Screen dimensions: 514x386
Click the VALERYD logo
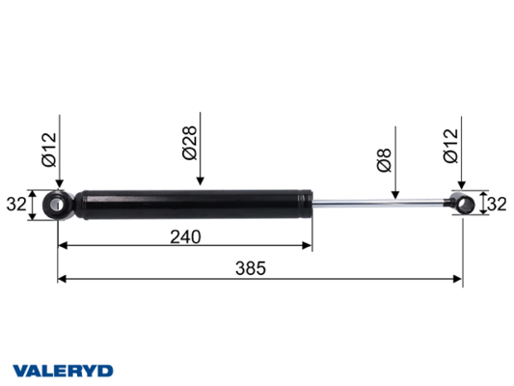click(63, 371)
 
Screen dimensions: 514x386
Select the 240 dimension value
click(185, 236)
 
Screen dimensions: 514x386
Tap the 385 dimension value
click(251, 268)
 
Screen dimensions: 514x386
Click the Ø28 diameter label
click(190, 143)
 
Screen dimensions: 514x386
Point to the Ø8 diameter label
click(385, 160)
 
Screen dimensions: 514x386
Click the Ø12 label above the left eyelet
click(49, 150)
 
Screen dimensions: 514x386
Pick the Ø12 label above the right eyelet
click(450, 146)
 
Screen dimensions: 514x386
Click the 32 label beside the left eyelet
click(16, 205)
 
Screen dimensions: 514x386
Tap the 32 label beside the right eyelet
click(497, 205)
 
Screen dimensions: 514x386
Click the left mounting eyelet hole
click(57, 205)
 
